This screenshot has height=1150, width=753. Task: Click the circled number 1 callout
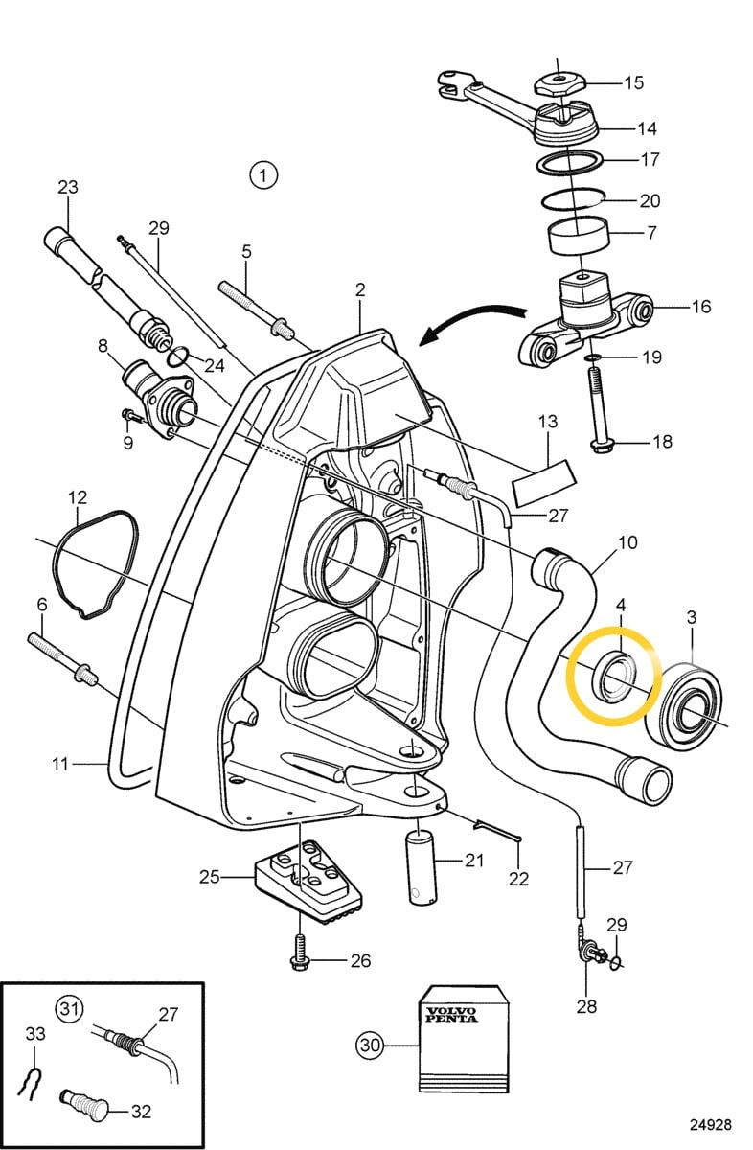pyautogui.click(x=262, y=175)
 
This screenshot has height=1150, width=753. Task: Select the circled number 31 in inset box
pyautogui.click(x=68, y=1008)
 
